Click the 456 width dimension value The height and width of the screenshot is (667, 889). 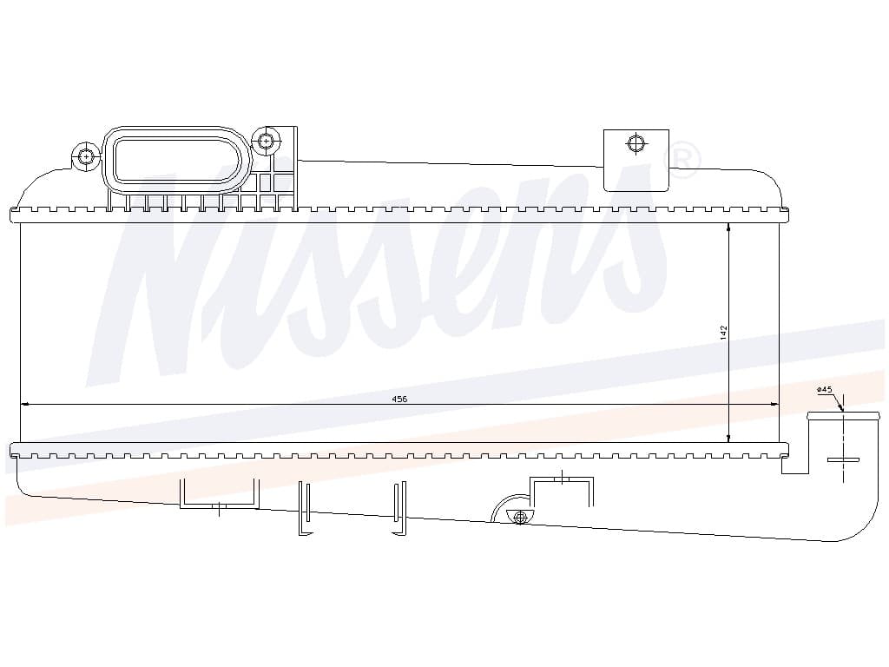pos(399,399)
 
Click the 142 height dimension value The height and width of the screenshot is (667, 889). pos(723,333)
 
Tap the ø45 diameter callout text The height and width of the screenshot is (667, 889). pos(825,389)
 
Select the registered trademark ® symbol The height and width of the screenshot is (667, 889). pos(682,161)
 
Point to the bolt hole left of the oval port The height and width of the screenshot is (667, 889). pos(86,156)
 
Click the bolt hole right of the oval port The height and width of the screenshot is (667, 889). pos(266,140)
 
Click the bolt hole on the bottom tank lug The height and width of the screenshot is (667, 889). pos(520,516)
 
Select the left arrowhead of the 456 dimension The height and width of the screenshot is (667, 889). pos(24,405)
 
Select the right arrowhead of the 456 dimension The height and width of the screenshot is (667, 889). pos(774,405)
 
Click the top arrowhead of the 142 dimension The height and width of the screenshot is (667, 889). pos(728,227)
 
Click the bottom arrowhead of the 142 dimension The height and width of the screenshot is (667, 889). pos(728,438)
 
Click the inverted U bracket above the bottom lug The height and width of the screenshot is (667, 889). pos(562,479)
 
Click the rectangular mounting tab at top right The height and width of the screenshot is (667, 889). pos(636,160)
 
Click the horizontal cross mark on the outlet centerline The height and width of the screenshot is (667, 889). pos(844,459)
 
